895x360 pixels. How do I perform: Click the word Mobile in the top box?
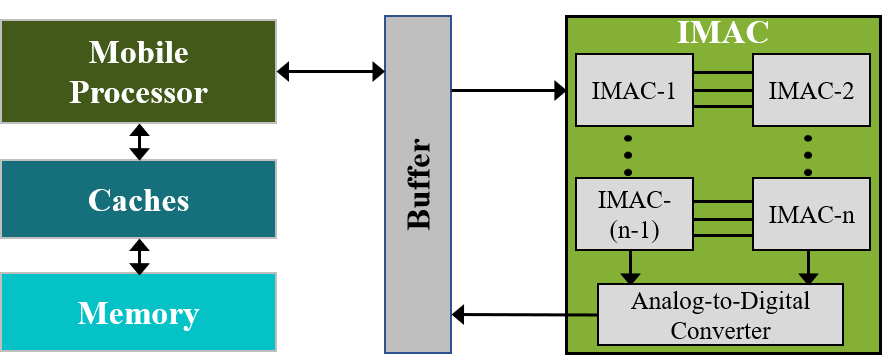[138, 52]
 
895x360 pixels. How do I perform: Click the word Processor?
[138, 92]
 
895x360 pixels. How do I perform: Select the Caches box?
[138, 200]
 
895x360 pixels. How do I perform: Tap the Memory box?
[138, 314]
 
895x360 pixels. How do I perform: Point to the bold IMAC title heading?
[722, 32]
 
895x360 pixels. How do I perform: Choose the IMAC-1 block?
[634, 91]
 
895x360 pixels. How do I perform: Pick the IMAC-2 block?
[810, 91]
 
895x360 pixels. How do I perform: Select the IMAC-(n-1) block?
[634, 214]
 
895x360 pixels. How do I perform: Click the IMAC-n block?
[810, 213]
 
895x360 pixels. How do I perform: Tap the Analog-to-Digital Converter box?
[720, 314]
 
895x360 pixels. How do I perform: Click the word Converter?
[720, 329]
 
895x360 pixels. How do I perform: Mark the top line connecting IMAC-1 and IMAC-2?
[722, 73]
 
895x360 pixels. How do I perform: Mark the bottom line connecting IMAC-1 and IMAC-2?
[722, 106]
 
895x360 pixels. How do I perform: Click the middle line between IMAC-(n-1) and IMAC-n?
[722, 219]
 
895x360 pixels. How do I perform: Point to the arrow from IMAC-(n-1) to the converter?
[630, 266]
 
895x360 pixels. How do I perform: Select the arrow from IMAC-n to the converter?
[807, 266]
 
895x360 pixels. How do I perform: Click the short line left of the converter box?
[582, 315]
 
